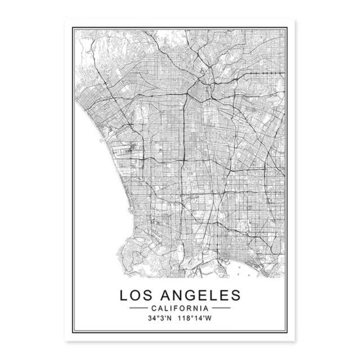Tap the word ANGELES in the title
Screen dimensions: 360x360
tap(198, 295)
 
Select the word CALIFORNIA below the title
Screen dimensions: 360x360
tap(180, 308)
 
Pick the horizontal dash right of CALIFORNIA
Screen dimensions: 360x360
tap(221, 308)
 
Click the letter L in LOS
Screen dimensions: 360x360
tap(123, 295)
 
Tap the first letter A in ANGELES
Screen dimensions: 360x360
tap(163, 295)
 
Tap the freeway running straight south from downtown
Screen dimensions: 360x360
tap(184, 135)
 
